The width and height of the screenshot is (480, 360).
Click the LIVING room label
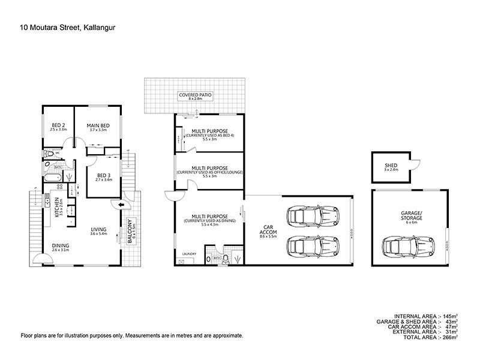pos(98,229)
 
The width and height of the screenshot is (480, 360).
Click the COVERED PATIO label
pos(195,95)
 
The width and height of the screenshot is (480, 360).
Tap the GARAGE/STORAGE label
pos(412,216)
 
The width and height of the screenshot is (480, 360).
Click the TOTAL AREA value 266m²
pos(449,338)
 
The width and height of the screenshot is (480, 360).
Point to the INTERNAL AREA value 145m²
pos(449,316)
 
